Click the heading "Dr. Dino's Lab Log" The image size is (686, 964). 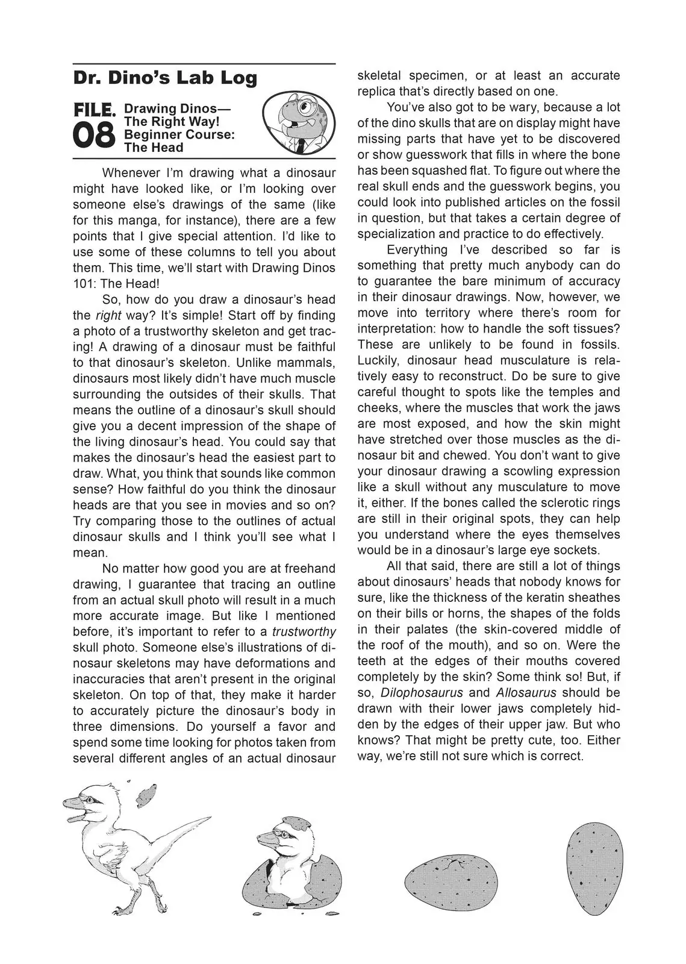pos(164,78)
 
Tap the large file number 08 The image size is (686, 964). pos(93,136)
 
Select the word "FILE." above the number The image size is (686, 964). pos(95,110)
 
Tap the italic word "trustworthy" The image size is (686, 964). pos(304,632)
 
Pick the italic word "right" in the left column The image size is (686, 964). pos(108,316)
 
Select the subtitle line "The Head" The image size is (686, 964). pos(154,148)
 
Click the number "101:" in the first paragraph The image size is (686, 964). pos(86,284)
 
